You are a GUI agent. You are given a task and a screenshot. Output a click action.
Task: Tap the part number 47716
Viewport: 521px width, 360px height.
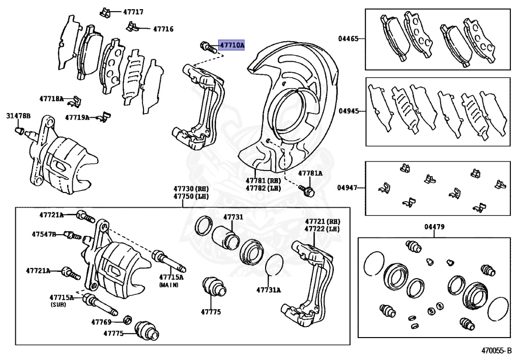pyautogui.click(x=163, y=29)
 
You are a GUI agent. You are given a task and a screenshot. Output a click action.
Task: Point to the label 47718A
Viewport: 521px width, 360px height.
pyautogui.click(x=51, y=98)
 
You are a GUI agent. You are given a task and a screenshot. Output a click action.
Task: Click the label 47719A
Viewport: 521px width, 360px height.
pyautogui.click(x=77, y=117)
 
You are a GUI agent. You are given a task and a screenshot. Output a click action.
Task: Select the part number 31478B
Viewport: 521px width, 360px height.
pyautogui.click(x=18, y=117)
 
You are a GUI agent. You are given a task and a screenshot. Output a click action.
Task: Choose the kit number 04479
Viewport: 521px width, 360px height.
pyautogui.click(x=433, y=227)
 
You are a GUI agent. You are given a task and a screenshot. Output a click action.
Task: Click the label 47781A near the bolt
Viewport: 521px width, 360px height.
pyautogui.click(x=310, y=173)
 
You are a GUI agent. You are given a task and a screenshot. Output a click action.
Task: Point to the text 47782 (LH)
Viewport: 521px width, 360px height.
pyautogui.click(x=263, y=188)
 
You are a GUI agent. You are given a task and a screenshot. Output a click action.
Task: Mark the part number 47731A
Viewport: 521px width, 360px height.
pyautogui.click(x=268, y=290)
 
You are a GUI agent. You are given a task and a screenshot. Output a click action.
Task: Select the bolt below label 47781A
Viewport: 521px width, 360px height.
pyautogui.click(x=308, y=191)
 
